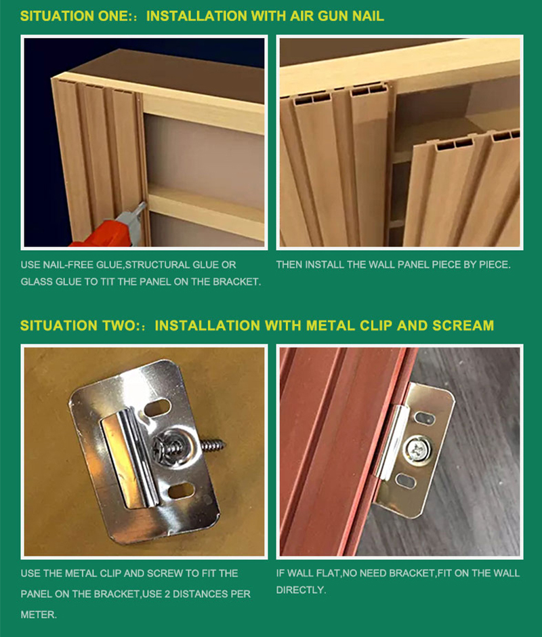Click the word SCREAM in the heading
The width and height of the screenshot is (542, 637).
[463, 325]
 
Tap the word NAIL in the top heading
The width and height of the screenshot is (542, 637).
[368, 16]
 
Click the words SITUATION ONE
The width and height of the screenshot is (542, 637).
[75, 16]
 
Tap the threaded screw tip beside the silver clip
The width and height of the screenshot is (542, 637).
[213, 445]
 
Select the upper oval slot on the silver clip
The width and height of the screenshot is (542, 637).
[157, 407]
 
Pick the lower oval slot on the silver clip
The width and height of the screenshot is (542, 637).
[181, 491]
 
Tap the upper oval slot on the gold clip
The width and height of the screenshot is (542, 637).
[425, 418]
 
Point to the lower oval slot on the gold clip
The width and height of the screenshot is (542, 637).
[406, 480]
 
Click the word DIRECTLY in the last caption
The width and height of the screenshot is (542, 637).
[301, 590]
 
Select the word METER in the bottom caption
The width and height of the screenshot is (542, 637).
[38, 615]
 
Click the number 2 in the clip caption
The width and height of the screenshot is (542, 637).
[167, 594]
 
